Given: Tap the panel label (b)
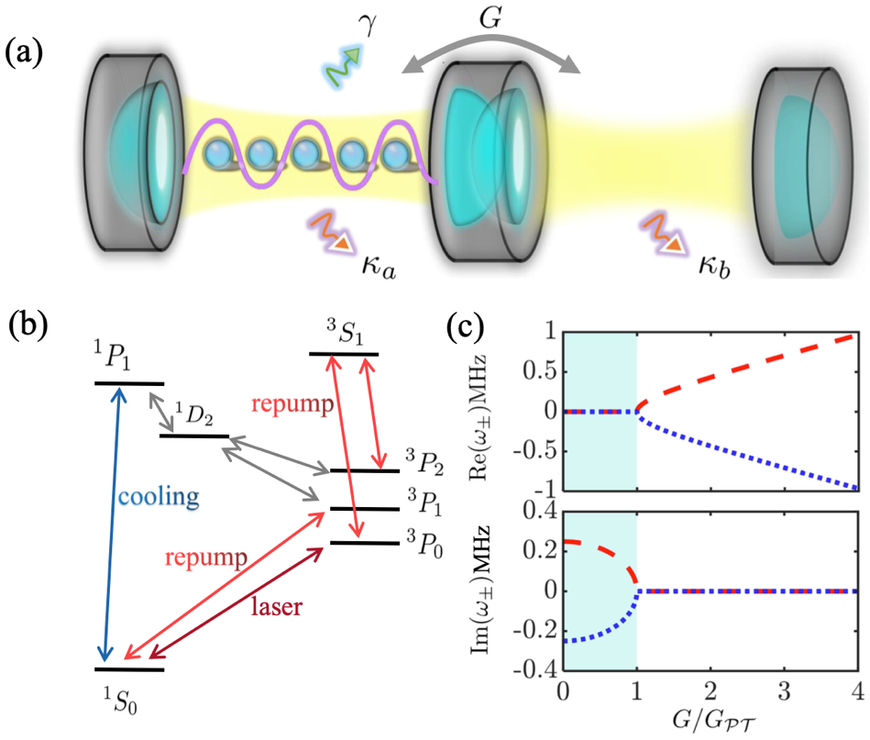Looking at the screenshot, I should (x=27, y=328).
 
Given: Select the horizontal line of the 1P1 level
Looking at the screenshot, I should (x=130, y=383).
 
